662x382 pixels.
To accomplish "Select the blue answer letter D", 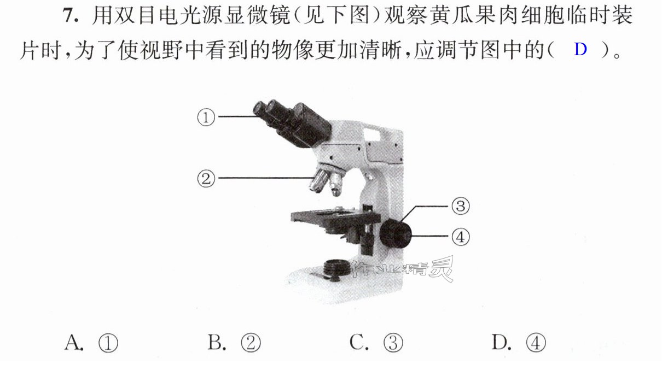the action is pos(580,49).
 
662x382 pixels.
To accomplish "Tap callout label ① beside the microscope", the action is pos(206,117).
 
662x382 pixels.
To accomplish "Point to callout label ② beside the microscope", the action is pos(206,178).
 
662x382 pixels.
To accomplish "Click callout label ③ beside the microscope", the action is pos(461,206).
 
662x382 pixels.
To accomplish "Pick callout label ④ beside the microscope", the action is pos(461,237).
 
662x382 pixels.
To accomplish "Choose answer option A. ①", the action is pos(91,343).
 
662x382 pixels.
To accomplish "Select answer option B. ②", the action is pos(234,343).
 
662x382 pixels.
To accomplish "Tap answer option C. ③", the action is pos(376,343).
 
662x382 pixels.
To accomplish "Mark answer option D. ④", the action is pos(519,343).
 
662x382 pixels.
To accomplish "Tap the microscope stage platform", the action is pos(335,219).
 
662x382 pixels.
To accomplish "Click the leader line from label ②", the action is pos(266,178).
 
